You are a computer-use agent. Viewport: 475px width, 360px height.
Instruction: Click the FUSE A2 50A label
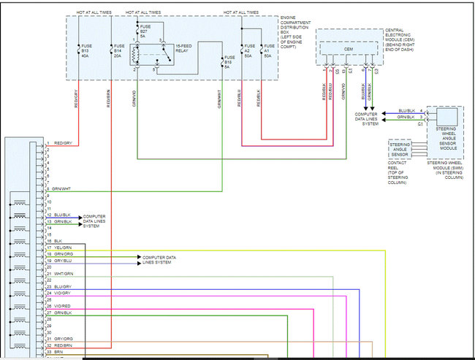[249, 52]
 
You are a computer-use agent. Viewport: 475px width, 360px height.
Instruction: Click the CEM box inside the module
[349, 50]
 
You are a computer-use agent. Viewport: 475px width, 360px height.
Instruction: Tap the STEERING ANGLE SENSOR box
[400, 149]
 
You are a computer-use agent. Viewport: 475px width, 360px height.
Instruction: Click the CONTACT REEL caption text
[399, 172]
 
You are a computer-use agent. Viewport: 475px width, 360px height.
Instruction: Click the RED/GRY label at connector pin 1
[63, 143]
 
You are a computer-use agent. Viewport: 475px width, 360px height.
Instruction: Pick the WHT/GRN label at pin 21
[63, 274]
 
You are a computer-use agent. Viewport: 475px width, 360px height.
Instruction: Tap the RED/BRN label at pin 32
[63, 345]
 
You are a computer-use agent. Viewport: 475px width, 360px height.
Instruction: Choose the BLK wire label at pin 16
[58, 241]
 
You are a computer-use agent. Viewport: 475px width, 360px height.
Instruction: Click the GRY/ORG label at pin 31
[63, 338]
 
